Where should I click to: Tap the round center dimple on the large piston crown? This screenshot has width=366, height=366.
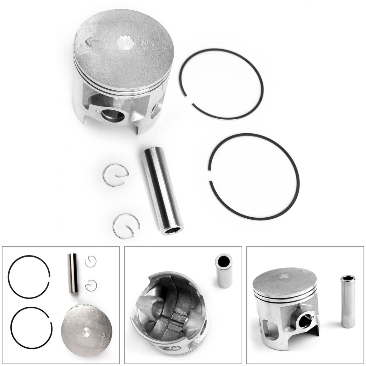tap(125, 44)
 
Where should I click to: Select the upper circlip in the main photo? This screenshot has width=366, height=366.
tap(115, 174)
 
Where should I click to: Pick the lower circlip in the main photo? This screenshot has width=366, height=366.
tap(126, 225)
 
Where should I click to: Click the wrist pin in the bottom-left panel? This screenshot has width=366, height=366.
tap(73, 273)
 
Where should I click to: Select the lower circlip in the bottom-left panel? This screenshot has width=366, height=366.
tap(91, 285)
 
